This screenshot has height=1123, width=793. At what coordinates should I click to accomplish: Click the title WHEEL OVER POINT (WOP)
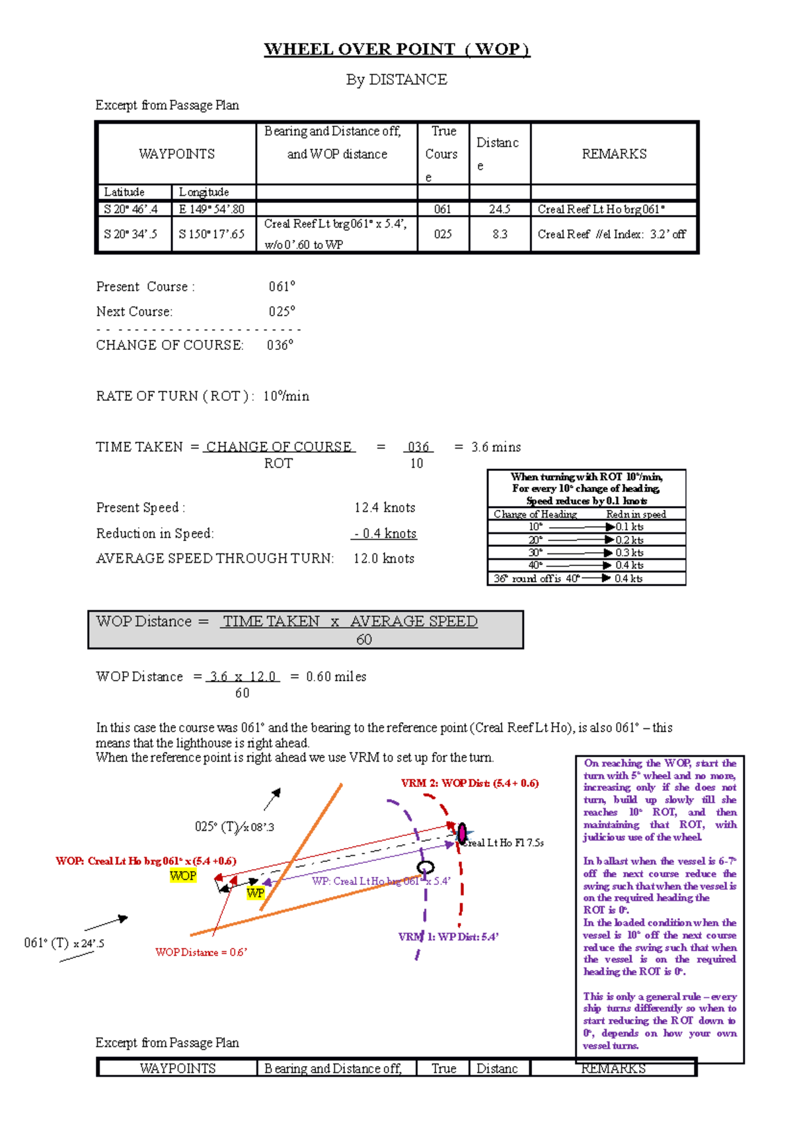click(397, 50)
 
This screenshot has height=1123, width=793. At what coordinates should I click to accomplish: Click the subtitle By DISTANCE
click(397, 80)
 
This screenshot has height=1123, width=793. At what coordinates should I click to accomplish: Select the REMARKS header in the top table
click(614, 154)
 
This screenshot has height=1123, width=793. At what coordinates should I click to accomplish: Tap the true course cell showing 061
click(443, 209)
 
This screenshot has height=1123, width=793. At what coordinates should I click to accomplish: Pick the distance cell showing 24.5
click(500, 209)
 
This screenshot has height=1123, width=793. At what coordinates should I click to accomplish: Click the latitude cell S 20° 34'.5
click(131, 234)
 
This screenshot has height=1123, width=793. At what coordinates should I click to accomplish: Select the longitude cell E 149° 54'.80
click(211, 209)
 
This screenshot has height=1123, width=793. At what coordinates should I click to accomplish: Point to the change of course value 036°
click(280, 345)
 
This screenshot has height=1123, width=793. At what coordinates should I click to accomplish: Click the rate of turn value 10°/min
click(286, 396)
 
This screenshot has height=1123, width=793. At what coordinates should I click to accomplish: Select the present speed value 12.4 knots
click(385, 508)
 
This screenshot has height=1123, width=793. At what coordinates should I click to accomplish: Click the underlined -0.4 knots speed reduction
click(385, 534)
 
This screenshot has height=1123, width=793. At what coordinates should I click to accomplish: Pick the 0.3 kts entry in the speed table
click(629, 553)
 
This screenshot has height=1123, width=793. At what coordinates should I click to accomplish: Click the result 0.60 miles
click(336, 677)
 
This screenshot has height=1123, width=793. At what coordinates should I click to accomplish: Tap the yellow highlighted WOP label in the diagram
click(183, 876)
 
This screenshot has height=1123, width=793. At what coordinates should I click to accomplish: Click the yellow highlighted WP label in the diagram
click(255, 893)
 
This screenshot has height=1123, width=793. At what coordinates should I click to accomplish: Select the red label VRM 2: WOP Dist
click(470, 783)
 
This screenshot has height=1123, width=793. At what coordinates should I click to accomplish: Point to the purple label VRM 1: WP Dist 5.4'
click(449, 937)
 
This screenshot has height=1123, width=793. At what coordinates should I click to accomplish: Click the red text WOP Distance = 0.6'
click(201, 952)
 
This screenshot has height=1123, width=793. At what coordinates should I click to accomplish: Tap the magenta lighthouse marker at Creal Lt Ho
click(462, 833)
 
